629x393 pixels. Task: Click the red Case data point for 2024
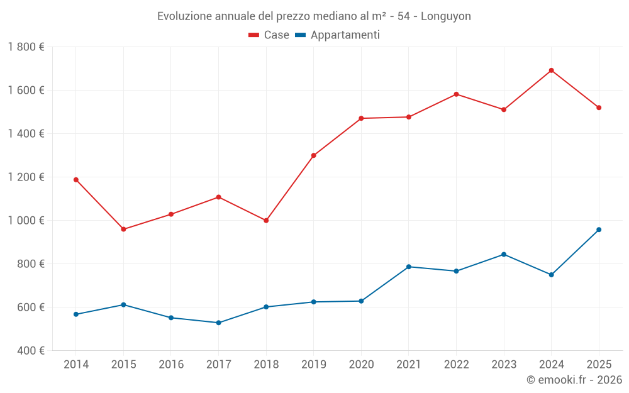coord(551,70)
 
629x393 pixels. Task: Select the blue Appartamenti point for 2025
coord(599,230)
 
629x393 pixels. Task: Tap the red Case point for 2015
coord(123,230)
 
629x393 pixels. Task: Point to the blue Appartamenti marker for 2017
coord(218,323)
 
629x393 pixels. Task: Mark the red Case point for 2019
coord(314,155)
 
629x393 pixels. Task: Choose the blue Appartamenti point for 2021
coord(409,267)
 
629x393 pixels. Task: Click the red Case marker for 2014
coord(76,180)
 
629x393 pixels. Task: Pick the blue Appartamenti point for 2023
coord(504,254)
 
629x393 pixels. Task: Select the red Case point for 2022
coord(456,94)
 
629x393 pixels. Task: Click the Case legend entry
coord(269,35)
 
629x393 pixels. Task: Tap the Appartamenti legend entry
coord(338,35)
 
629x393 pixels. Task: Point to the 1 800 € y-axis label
coord(26,47)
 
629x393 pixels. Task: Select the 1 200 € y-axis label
coord(26,177)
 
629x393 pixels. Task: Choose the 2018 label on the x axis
coord(266,365)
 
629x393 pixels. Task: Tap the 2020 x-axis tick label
coord(361,365)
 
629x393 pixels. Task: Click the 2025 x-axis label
coord(599,365)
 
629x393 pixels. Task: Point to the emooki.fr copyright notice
coord(574,380)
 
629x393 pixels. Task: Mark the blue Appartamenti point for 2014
coord(76,314)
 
